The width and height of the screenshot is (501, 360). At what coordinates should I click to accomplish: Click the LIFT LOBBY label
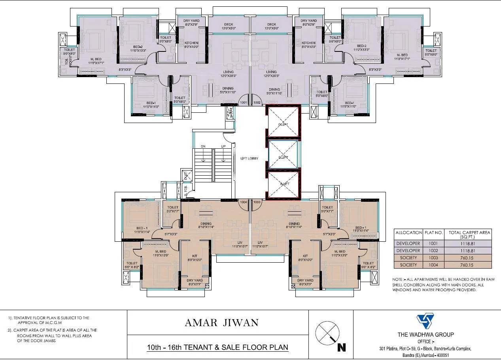pos(249,158)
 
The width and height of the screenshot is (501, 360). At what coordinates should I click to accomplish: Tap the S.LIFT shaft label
pos(284,184)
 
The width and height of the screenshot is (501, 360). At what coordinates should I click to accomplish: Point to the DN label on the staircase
pos(203,146)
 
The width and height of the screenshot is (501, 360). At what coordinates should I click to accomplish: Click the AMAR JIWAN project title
pos(221,323)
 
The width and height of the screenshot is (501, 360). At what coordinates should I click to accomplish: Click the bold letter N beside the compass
pos(342,348)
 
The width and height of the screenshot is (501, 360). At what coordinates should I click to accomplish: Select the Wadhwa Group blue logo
pos(425,321)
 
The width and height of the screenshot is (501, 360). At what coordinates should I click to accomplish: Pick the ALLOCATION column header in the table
pos(408,233)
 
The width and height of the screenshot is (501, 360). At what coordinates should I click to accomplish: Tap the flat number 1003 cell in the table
pos(433,258)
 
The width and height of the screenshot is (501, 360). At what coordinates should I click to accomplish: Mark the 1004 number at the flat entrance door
pos(243,202)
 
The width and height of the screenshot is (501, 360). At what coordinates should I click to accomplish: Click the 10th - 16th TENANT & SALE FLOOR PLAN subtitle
pos(217,348)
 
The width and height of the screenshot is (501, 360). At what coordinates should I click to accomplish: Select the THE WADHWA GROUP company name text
pos(425,334)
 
